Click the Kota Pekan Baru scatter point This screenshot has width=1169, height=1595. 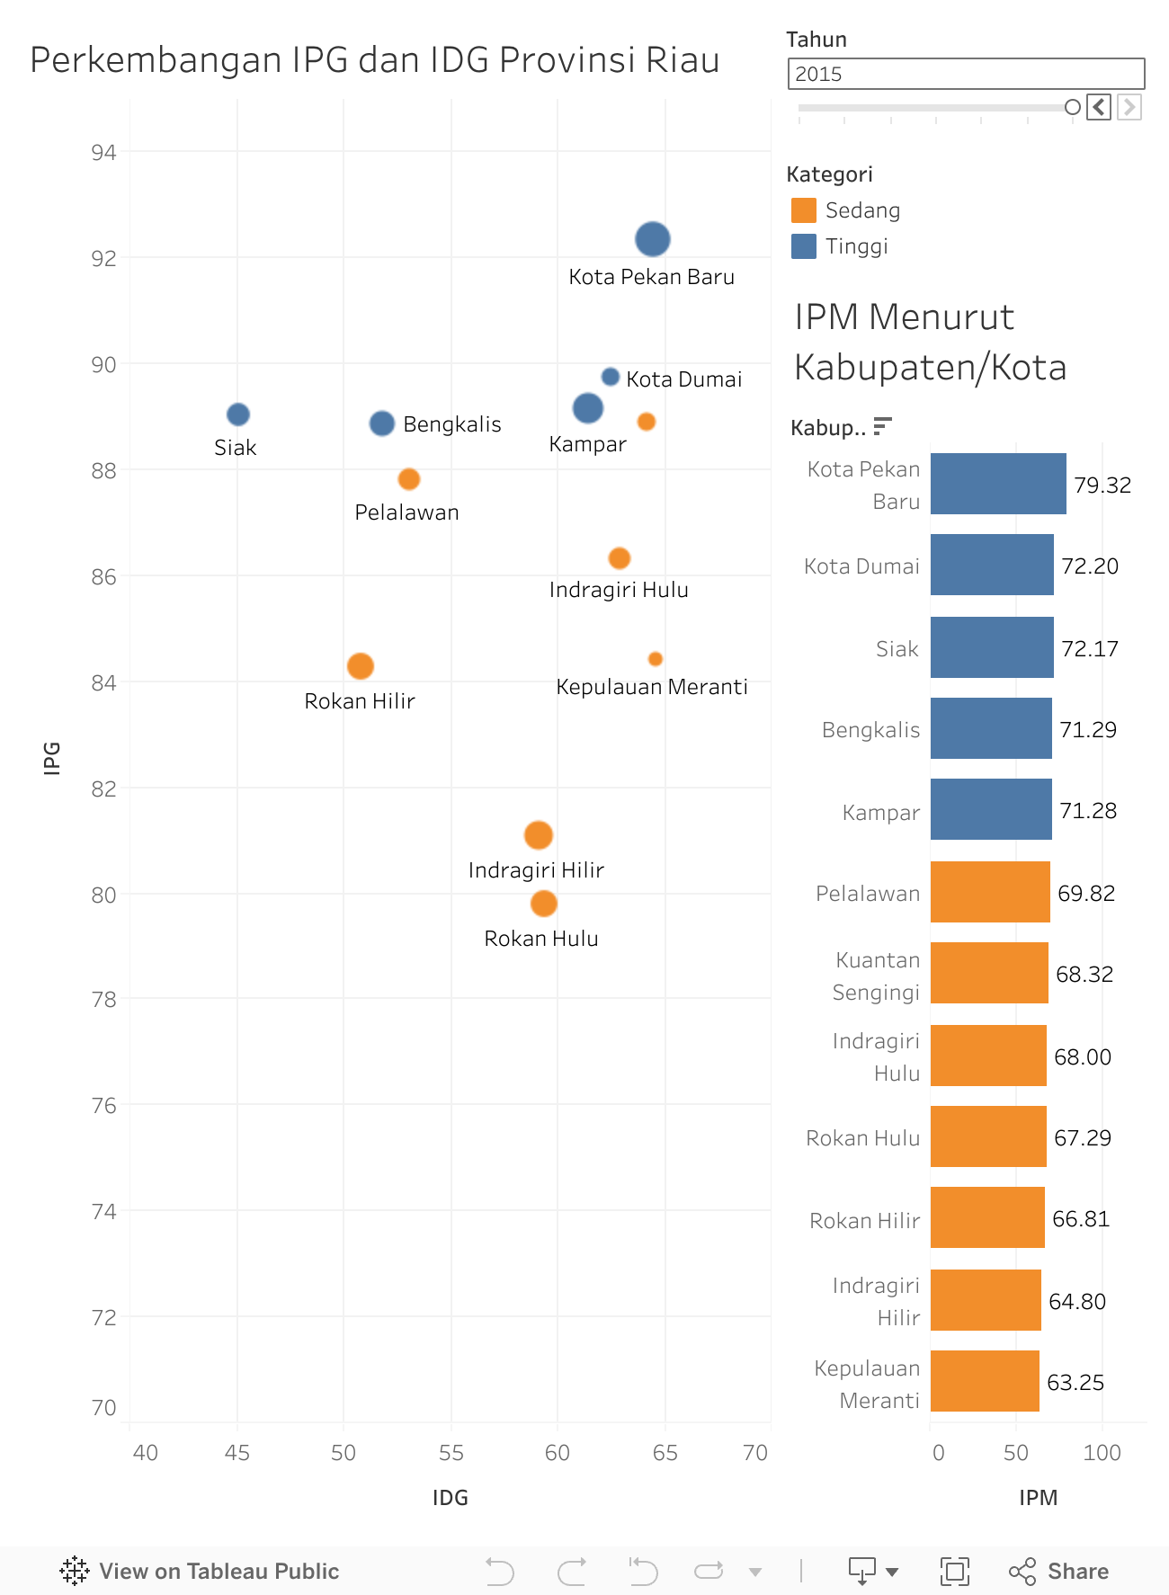(x=653, y=239)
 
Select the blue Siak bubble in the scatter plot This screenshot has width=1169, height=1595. (x=238, y=414)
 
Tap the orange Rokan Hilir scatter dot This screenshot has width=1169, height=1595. (x=361, y=666)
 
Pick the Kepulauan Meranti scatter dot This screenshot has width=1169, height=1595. (x=656, y=659)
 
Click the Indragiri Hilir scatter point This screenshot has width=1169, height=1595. (x=539, y=835)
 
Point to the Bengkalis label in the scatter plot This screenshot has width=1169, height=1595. (x=451, y=424)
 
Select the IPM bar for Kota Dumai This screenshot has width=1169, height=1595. (x=991, y=565)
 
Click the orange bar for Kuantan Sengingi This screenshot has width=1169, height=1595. (x=989, y=973)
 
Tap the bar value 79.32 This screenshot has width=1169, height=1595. (x=1102, y=486)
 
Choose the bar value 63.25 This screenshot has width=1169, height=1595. (x=1075, y=1383)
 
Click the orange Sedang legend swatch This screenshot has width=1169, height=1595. (x=803, y=210)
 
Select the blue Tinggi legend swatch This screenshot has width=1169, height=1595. (x=803, y=246)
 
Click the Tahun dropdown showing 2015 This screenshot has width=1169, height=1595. (x=966, y=74)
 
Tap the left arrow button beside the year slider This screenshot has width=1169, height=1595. (x=1099, y=107)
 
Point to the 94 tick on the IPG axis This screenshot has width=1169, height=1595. (x=104, y=153)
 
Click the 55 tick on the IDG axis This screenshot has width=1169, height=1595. (x=451, y=1453)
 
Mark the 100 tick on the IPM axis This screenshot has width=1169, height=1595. (x=1102, y=1453)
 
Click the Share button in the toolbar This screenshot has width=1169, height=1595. (x=1059, y=1572)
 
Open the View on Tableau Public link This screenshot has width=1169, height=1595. (x=200, y=1572)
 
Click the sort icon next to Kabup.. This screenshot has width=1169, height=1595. (x=883, y=426)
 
